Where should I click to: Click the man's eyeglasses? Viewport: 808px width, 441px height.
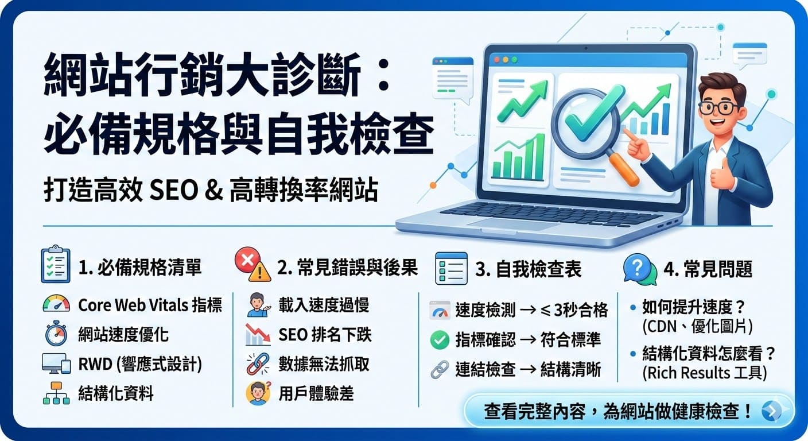click(x=720, y=107)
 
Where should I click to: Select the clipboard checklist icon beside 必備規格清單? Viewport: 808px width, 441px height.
click(x=56, y=265)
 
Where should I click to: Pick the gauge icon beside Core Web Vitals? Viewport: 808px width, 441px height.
click(x=56, y=304)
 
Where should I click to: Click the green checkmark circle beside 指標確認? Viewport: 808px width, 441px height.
click(x=440, y=340)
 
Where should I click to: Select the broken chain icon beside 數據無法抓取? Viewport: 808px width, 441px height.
click(x=258, y=364)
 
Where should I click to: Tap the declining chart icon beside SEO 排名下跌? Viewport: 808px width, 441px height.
click(x=258, y=335)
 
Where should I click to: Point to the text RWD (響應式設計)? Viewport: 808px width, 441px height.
click(x=140, y=364)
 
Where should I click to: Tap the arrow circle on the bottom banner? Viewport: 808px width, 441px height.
click(x=771, y=411)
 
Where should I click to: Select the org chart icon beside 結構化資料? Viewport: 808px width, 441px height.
click(x=56, y=393)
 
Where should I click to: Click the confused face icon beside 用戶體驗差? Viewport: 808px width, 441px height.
click(x=258, y=393)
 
